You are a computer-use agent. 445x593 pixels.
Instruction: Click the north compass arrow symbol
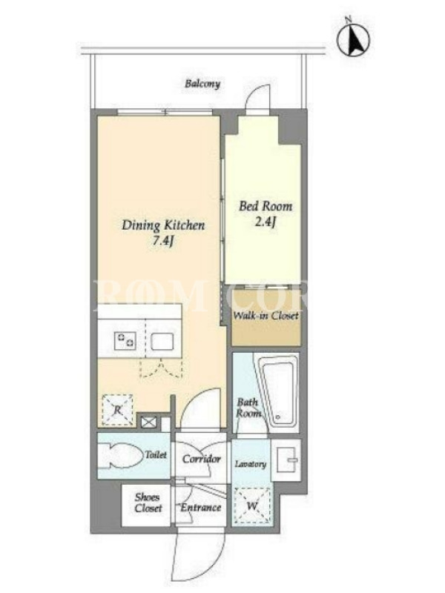pyautogui.click(x=354, y=38)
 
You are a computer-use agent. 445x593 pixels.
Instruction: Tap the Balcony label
pyautogui.click(x=202, y=84)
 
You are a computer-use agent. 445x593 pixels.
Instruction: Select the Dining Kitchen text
pyautogui.click(x=163, y=225)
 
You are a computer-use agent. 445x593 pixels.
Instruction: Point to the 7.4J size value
pyautogui.click(x=162, y=241)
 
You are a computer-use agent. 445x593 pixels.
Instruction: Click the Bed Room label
pyautogui.click(x=266, y=206)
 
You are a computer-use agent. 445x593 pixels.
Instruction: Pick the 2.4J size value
pyautogui.click(x=265, y=222)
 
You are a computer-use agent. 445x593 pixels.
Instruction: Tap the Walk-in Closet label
pyautogui.click(x=266, y=316)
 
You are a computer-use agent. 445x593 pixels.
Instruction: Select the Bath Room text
pyautogui.click(x=248, y=407)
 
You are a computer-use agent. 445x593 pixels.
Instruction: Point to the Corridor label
pyautogui.click(x=201, y=459)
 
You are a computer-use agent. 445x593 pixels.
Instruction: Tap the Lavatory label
pyautogui.click(x=251, y=464)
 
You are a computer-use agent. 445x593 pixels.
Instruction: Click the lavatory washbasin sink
pyautogui.click(x=286, y=460)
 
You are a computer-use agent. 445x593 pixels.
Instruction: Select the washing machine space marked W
pyautogui.click(x=251, y=506)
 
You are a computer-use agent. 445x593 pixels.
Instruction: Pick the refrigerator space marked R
pyautogui.click(x=117, y=410)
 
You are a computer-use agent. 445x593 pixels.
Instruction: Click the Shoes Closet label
pyautogui.click(x=148, y=503)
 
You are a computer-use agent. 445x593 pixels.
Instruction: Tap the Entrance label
pyautogui.click(x=200, y=507)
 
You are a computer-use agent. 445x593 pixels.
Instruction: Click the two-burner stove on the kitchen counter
pyautogui.click(x=125, y=339)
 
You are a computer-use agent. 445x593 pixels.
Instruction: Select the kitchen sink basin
pyautogui.click(x=162, y=341)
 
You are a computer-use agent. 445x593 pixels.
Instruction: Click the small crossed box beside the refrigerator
pyautogui.click(x=148, y=422)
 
